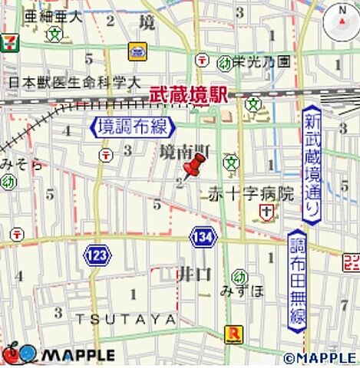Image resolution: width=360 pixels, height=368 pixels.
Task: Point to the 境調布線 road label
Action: [x=134, y=127]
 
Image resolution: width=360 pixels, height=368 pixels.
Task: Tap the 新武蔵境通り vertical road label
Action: [x=311, y=166]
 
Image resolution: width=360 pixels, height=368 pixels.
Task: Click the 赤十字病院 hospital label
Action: [x=251, y=195]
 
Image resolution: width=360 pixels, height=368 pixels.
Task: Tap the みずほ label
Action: [x=240, y=291]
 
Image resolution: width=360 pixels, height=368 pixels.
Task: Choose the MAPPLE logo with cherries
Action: [x=58, y=354]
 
